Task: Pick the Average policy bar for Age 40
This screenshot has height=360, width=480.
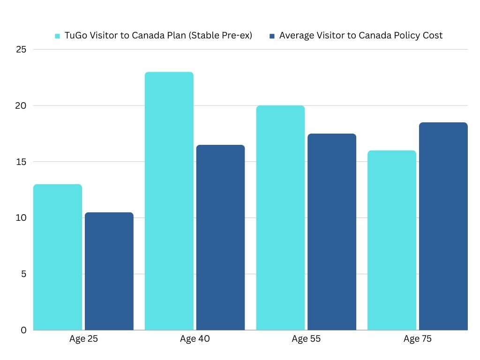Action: (220, 237)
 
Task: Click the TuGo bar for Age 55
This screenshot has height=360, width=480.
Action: (280, 217)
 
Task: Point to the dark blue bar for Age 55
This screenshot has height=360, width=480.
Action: (332, 232)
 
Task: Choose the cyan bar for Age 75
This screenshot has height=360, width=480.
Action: (391, 240)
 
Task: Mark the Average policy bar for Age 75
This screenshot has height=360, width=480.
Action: (443, 226)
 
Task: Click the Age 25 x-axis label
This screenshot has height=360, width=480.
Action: (83, 339)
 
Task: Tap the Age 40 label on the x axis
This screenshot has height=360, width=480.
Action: (195, 339)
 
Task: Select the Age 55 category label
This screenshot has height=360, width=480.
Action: (306, 339)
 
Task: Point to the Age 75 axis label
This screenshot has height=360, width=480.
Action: (417, 339)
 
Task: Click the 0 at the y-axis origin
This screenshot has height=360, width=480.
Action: (23, 330)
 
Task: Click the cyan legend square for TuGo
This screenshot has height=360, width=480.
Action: (58, 36)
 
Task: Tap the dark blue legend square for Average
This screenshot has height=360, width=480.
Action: (272, 36)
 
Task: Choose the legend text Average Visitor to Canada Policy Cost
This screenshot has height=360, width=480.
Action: (360, 36)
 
